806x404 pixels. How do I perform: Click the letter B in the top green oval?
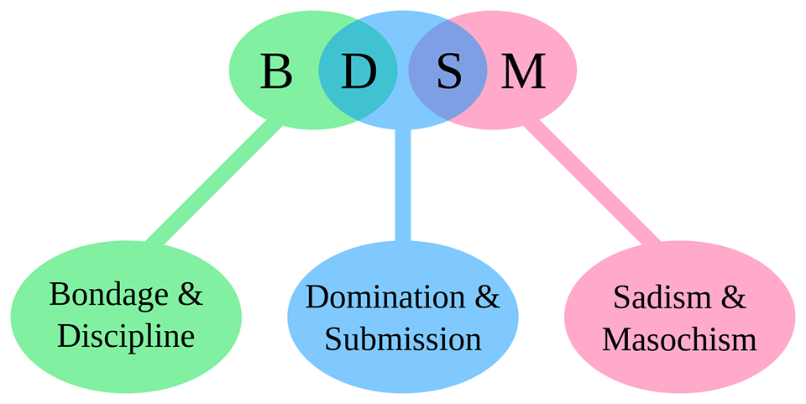point(276,71)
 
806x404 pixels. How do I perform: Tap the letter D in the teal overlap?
point(358,71)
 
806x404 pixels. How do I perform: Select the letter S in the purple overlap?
point(449,71)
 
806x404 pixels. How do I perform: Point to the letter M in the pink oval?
point(523,71)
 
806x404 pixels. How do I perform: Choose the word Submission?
point(403,339)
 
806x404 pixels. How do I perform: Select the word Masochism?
point(679,339)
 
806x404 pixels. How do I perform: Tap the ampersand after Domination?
point(488,297)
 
